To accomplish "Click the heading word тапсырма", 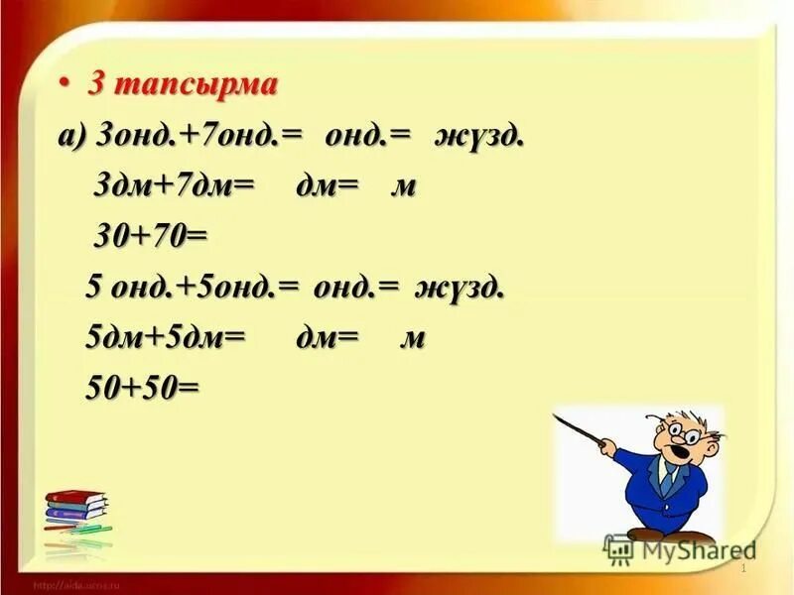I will coord(196,84).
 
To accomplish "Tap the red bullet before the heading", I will coord(65,84).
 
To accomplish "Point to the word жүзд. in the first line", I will coord(478,136).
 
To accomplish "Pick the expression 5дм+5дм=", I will coord(166,337).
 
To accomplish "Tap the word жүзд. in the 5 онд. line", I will coord(462,289).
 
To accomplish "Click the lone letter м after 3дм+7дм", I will coord(403,186).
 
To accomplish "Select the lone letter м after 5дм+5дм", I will coord(412,338).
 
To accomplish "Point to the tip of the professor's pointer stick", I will coord(557,418).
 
